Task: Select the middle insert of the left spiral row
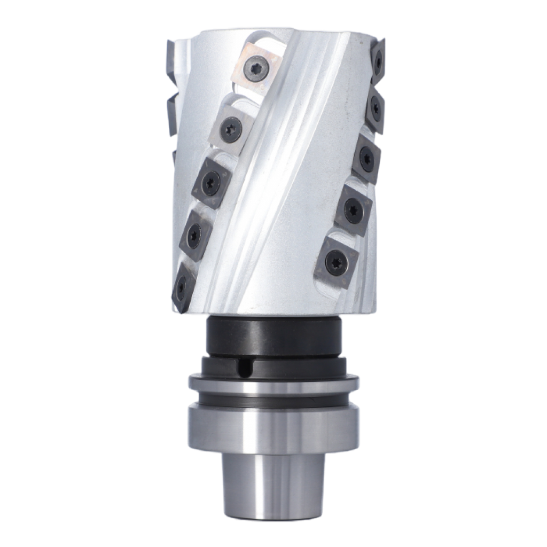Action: tap(211, 181)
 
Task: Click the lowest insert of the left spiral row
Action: tap(182, 286)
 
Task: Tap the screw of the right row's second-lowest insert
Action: tap(353, 210)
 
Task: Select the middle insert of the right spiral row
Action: tap(366, 158)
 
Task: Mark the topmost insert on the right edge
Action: tap(378, 61)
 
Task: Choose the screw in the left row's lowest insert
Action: tap(181, 287)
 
